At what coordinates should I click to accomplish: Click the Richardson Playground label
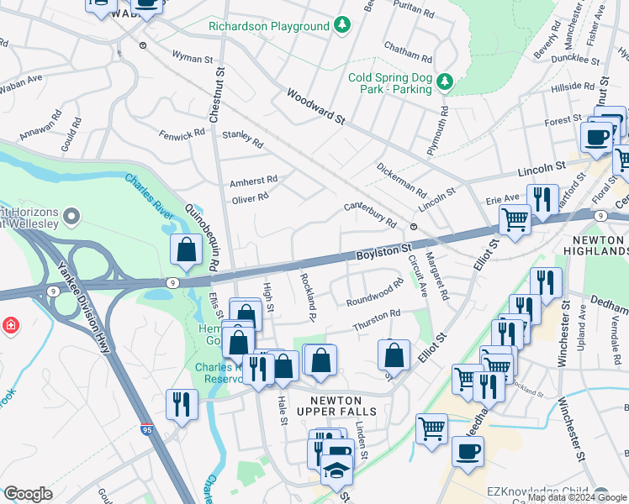click(269, 26)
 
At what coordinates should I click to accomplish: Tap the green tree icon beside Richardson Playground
click(341, 26)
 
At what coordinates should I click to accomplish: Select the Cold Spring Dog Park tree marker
click(445, 81)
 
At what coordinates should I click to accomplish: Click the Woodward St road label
click(316, 108)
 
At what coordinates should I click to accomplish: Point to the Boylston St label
click(383, 249)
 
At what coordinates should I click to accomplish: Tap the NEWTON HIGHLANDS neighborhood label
click(600, 246)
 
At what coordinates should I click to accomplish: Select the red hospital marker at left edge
click(10, 324)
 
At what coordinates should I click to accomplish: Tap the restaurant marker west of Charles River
click(182, 404)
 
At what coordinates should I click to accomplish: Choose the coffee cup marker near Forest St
click(597, 137)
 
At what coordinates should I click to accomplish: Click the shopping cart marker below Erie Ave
click(515, 220)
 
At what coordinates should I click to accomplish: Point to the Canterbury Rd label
click(370, 215)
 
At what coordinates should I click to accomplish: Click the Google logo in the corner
click(28, 494)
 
